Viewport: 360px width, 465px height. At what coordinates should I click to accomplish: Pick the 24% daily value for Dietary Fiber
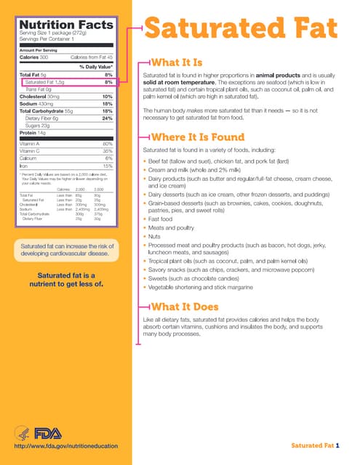[107, 118]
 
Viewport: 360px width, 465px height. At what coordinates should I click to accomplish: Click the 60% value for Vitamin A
[108, 144]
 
